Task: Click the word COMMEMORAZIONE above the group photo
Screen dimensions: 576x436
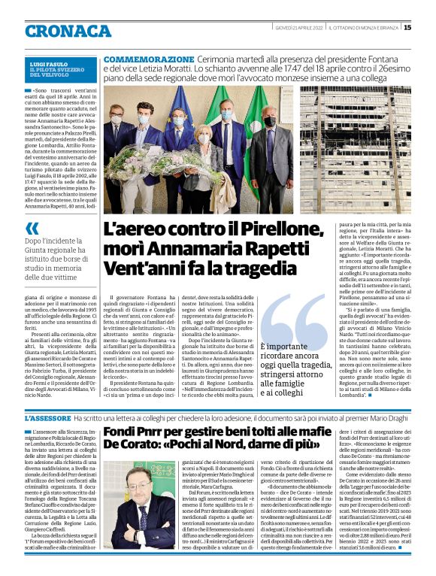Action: (148, 59)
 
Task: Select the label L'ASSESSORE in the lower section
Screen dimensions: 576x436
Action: (47, 417)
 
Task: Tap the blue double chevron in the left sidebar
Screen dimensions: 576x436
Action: (32, 229)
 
